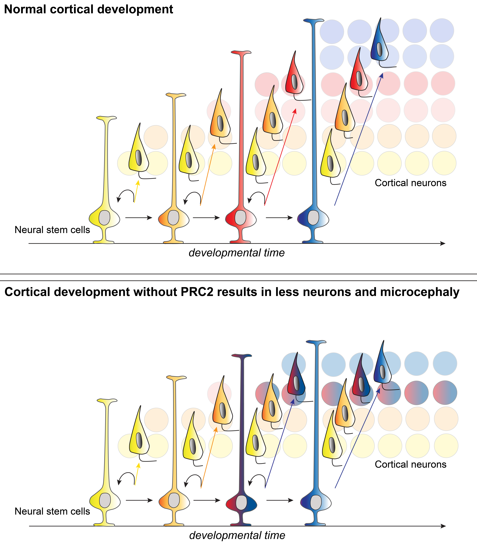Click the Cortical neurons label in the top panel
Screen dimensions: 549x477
[x=410, y=183]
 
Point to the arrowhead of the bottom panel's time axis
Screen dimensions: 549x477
[x=443, y=526]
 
